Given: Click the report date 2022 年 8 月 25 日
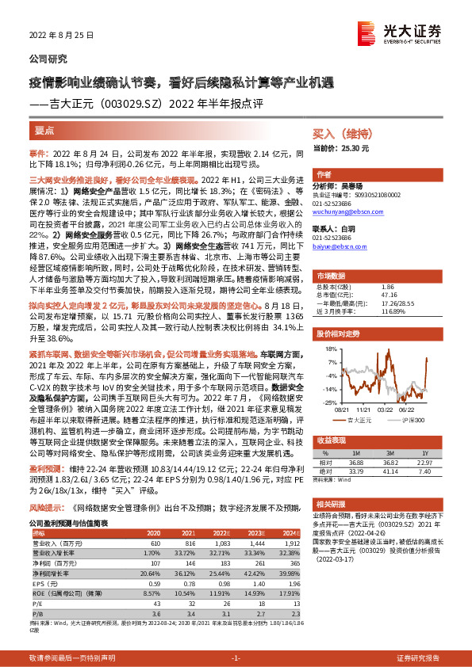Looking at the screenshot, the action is (x=62, y=36).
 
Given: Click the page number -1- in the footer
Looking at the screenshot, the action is (x=235, y=658).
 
